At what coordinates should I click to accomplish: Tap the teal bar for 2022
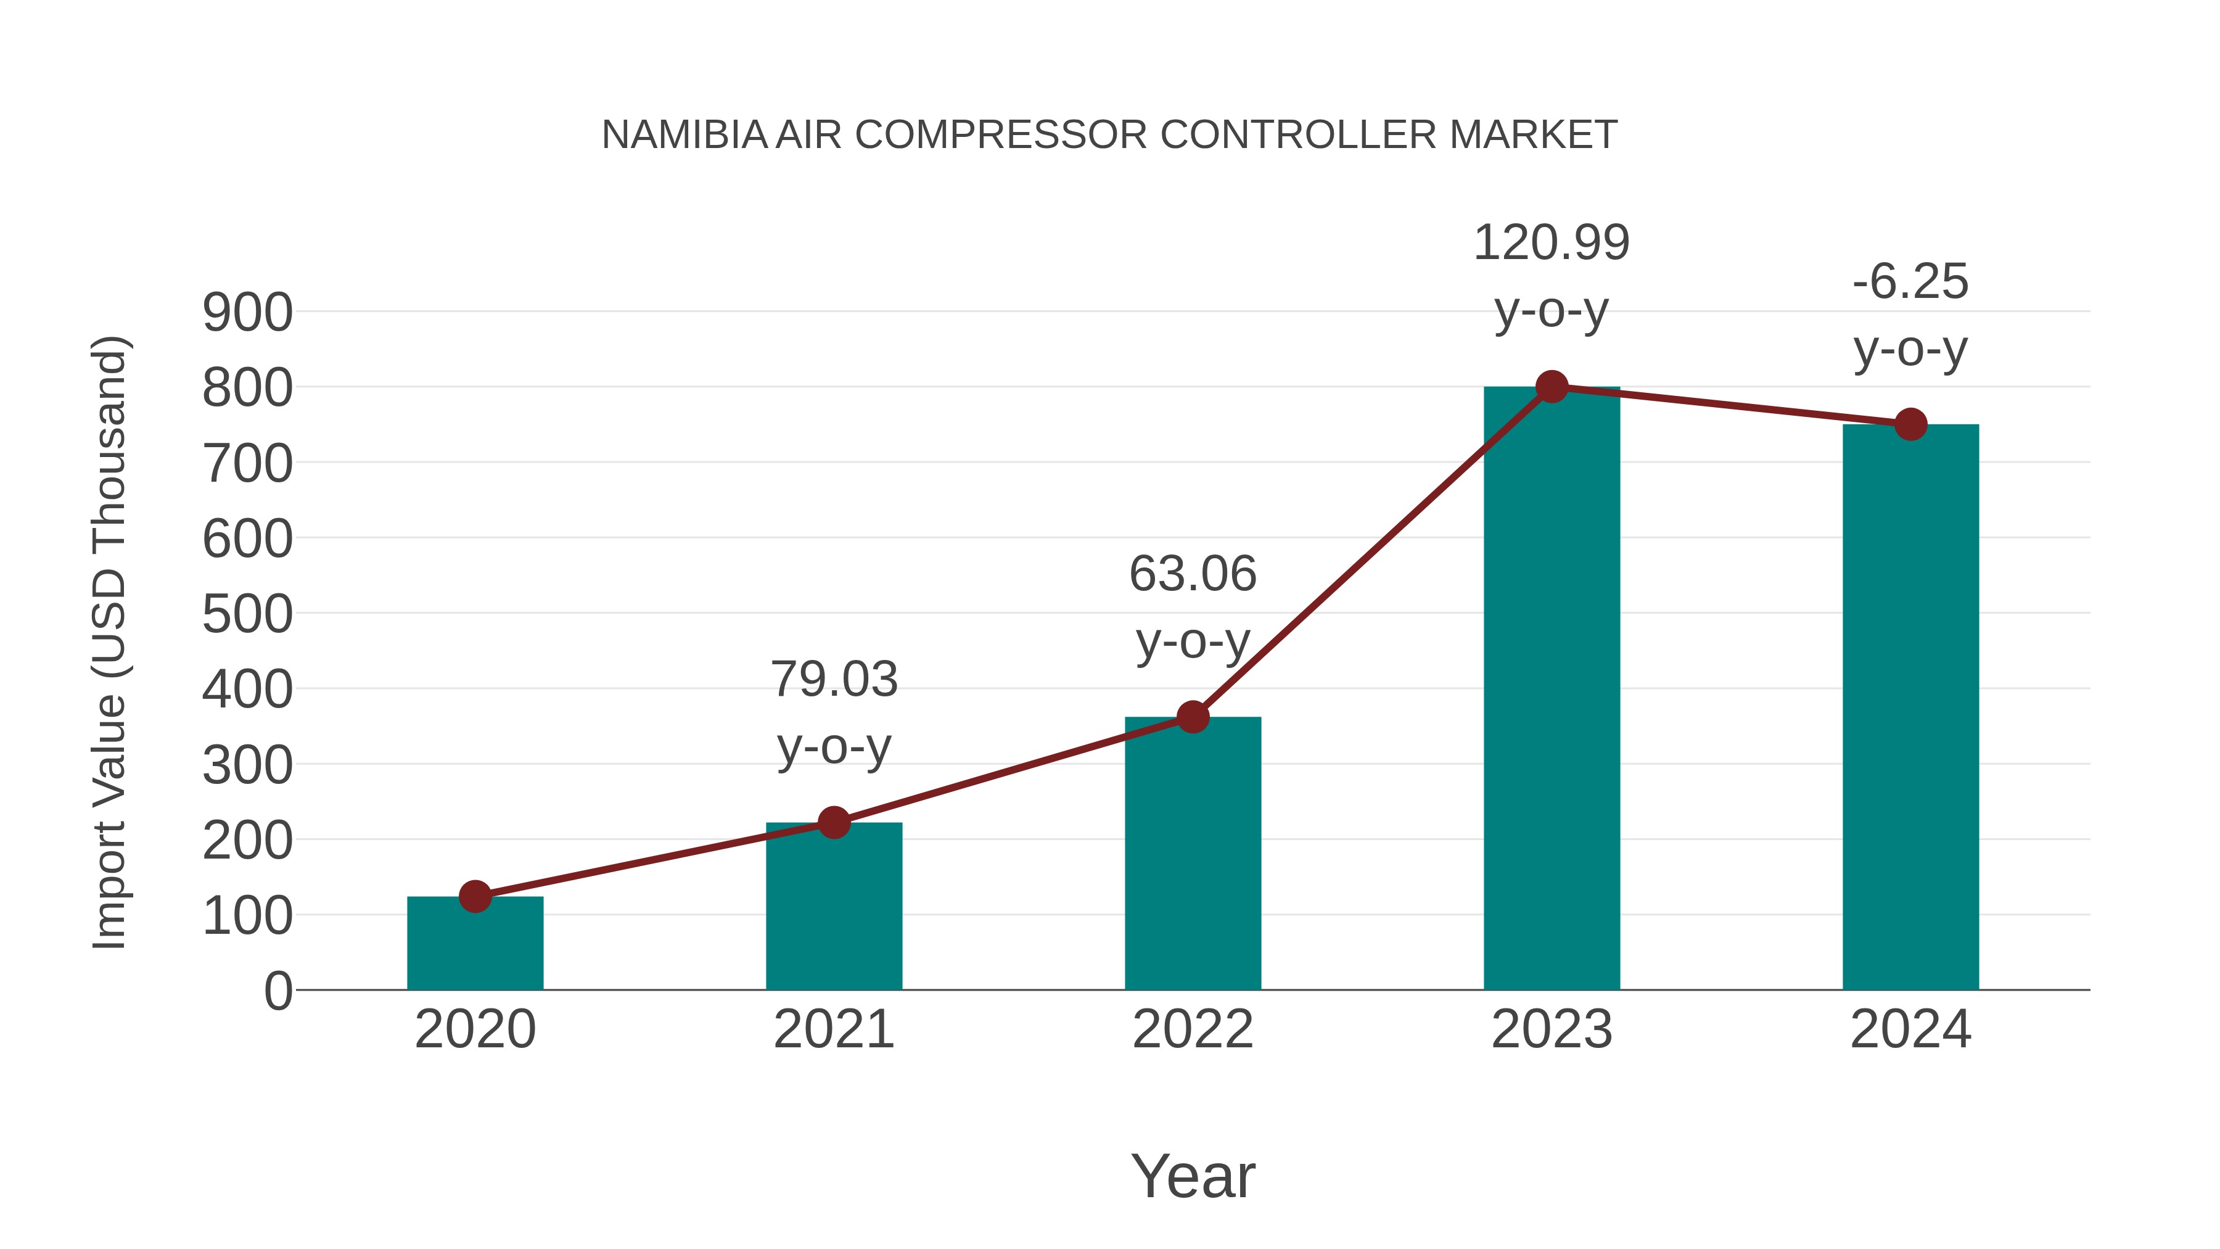click(x=1193, y=854)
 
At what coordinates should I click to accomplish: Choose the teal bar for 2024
click(x=1910, y=707)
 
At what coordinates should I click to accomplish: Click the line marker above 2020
click(x=475, y=896)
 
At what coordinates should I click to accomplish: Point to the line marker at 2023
click(x=1552, y=387)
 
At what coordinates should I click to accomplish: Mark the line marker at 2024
click(x=1910, y=424)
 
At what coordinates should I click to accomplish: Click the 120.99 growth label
click(x=1552, y=243)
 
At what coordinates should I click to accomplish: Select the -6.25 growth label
click(x=1910, y=282)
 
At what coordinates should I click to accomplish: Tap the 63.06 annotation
click(x=1193, y=574)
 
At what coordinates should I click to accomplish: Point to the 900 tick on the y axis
click(x=247, y=313)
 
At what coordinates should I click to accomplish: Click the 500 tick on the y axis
click(x=247, y=614)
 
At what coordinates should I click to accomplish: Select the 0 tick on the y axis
click(x=277, y=991)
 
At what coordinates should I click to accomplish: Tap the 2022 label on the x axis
click(x=1193, y=1029)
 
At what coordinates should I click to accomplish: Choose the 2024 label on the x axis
click(x=1910, y=1029)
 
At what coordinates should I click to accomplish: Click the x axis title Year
click(x=1193, y=1177)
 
